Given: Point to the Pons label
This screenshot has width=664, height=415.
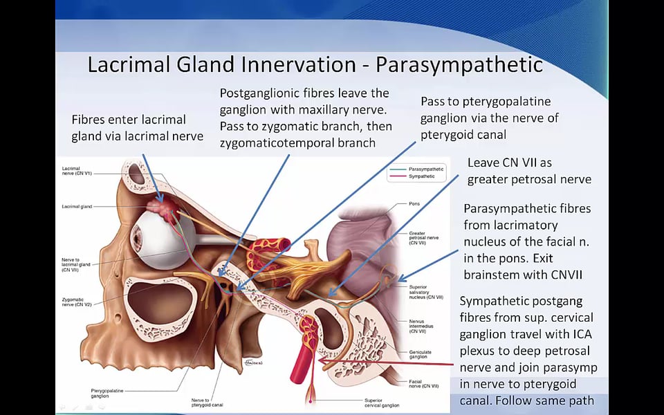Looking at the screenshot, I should pyautogui.click(x=415, y=204).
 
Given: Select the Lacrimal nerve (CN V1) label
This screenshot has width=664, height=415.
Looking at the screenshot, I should pyautogui.click(x=77, y=172).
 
